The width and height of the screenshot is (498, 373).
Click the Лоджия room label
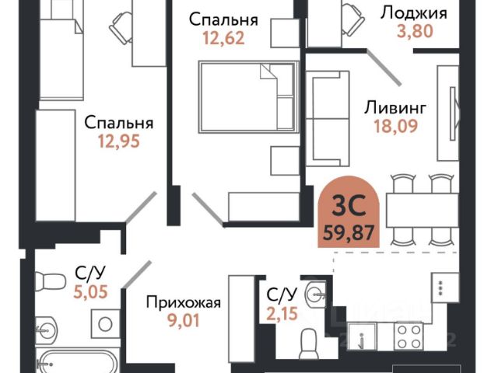pos(414,14)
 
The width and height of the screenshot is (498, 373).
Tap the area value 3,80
pos(415,31)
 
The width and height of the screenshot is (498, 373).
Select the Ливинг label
pos(395,108)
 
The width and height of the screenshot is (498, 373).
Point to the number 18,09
pos(396,126)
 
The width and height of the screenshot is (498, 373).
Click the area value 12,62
pos(223,38)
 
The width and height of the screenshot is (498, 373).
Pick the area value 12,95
pos(119,141)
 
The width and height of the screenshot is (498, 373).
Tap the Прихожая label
pos(184,303)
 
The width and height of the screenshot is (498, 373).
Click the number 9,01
pos(184,320)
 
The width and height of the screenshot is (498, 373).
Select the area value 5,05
pos(90,292)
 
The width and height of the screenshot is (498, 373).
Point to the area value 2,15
pos(282,313)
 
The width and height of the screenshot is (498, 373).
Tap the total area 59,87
pos(349,233)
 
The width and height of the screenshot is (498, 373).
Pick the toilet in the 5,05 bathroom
pos(50,281)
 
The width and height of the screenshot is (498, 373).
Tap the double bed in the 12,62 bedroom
pos(249,96)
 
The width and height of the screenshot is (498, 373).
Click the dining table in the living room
pos(423,211)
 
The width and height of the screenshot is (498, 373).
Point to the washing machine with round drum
pos(105,323)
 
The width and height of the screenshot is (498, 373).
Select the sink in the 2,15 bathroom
pos(315,295)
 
